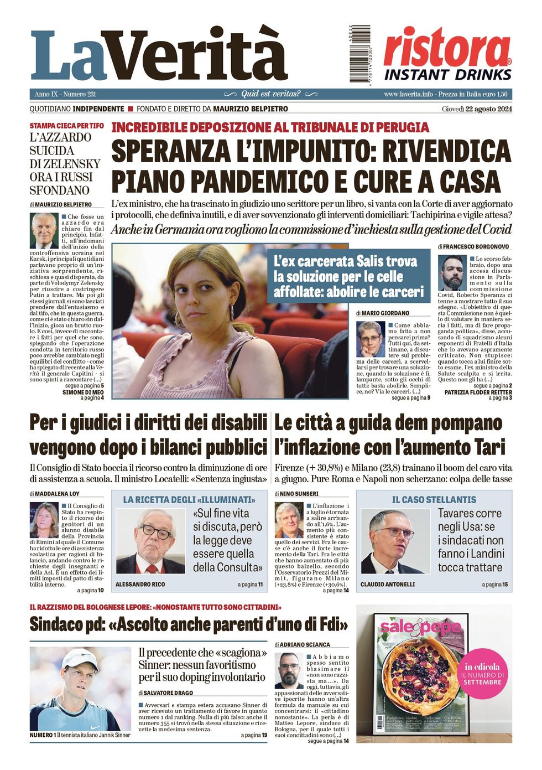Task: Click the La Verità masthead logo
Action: (159, 55)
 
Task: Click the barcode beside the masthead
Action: (360, 54)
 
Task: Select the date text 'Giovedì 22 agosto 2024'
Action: (477, 109)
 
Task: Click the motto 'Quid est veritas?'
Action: (270, 94)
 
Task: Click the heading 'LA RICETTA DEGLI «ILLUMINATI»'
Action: (189, 500)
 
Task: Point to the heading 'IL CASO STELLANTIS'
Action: (434, 500)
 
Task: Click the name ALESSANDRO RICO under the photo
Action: (140, 585)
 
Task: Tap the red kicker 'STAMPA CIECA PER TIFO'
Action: (66, 126)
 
